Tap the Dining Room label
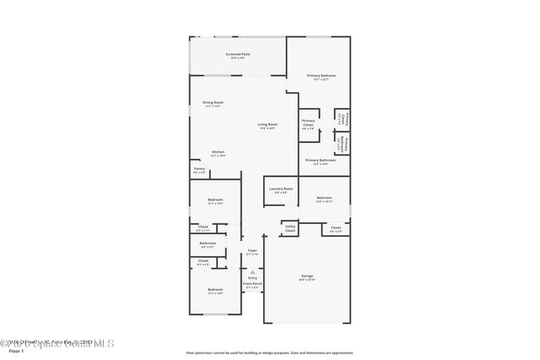click(x=214, y=103)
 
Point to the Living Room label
click(x=267, y=126)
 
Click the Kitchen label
click(x=218, y=153)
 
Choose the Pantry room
click(x=199, y=170)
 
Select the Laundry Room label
click(x=281, y=190)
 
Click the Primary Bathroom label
click(x=321, y=161)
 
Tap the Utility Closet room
click(x=290, y=228)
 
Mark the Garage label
click(x=307, y=277)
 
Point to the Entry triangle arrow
click(x=253, y=271)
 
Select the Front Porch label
click(x=253, y=284)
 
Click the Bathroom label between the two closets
click(x=207, y=244)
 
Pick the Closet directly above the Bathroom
click(x=204, y=227)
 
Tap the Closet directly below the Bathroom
click(x=204, y=262)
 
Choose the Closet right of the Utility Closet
click(x=336, y=229)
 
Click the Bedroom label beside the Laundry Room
click(x=325, y=199)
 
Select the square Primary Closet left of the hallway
click(x=308, y=125)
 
